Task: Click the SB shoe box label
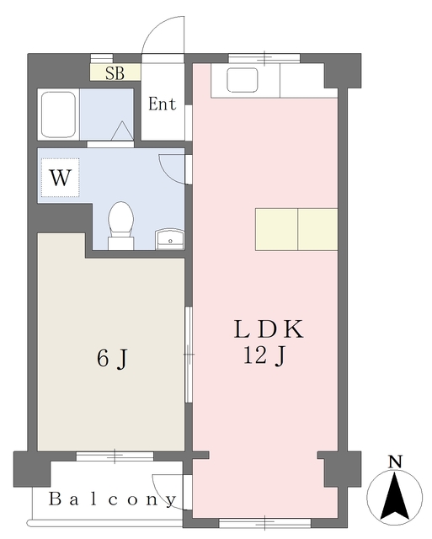tap(115, 73)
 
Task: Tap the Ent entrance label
tap(163, 104)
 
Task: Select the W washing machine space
tap(61, 178)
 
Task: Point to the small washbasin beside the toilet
tap(170, 239)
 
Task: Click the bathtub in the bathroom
tap(58, 115)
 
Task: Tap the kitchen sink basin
tap(243, 80)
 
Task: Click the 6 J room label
tap(112, 359)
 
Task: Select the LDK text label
tap(269, 329)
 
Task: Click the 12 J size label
tap(264, 355)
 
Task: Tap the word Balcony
tap(112, 499)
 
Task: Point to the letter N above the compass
tap(395, 462)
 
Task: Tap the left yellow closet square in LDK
tap(276, 229)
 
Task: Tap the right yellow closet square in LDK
tap(317, 229)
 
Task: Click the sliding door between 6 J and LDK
tap(189, 355)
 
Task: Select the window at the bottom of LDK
tap(265, 523)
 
